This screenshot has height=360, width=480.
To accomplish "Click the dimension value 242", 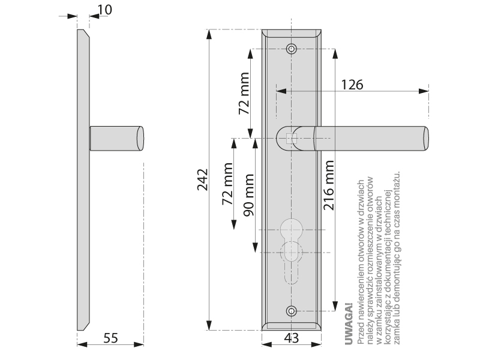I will click(202, 181).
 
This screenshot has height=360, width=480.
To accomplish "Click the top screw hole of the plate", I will click(292, 49).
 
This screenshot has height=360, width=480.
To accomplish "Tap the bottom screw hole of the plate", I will click(292, 311).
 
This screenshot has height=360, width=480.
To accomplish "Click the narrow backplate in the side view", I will click(83, 180).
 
